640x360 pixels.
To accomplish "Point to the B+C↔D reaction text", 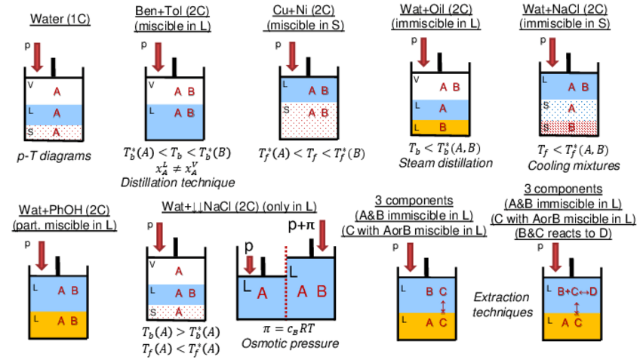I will pos(577,291).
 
